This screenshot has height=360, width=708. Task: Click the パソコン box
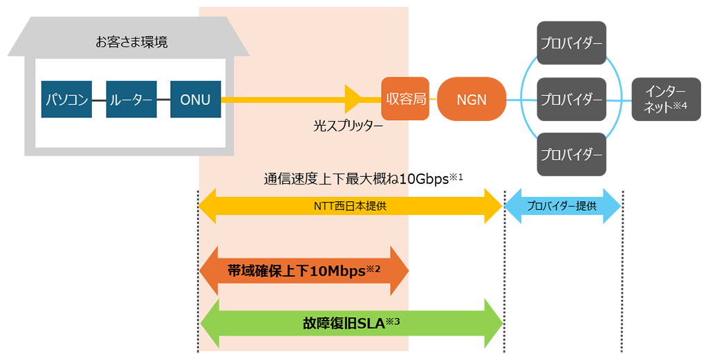coord(66,100)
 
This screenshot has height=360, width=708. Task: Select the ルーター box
coord(131,100)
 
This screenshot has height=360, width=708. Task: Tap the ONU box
coord(196,100)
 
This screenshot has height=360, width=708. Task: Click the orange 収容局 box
coord(405,99)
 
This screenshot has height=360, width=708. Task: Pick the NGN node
coord(472,100)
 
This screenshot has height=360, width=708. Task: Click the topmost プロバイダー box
coord(571,43)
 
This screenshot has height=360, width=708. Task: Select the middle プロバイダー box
coord(571,100)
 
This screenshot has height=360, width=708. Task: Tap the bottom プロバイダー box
coord(571,154)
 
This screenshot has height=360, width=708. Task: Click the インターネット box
coord(666,100)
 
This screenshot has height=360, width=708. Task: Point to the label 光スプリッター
coord(348,126)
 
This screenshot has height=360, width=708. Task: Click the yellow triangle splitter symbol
coord(353,100)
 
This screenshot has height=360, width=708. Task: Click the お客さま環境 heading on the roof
coord(131,42)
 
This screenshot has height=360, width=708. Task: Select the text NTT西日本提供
coord(350,206)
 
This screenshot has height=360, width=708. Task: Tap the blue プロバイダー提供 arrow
coord(562,206)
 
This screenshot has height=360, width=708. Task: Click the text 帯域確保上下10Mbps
coord(296,271)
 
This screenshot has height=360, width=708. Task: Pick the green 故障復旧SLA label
coord(344,323)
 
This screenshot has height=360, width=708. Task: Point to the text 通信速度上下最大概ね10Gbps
coord(356,179)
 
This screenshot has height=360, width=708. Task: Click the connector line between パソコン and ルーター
coord(99,100)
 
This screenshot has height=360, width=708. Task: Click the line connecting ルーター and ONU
coord(163,100)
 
